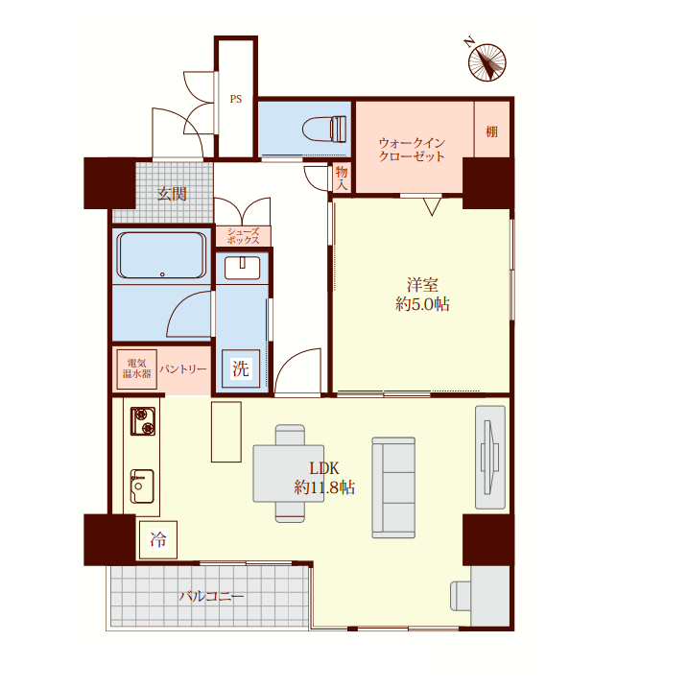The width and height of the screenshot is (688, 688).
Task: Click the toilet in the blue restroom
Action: [x=324, y=129]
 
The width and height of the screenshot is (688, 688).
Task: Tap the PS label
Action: [x=236, y=99]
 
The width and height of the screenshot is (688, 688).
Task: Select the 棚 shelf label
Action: [x=491, y=131]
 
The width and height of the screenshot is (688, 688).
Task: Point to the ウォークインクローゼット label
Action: [x=412, y=150]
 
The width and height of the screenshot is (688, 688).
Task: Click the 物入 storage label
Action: [x=342, y=178]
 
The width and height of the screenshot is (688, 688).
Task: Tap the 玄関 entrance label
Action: [x=172, y=194]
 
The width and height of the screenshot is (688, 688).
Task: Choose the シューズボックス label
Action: [x=243, y=236]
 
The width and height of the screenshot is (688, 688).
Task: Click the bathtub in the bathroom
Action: [x=161, y=255]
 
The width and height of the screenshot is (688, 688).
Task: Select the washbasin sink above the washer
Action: [x=242, y=268]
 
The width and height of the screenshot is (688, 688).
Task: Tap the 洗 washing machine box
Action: [x=241, y=368]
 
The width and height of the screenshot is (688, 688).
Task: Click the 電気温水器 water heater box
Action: [x=136, y=369]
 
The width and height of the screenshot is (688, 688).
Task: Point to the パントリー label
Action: [x=182, y=369]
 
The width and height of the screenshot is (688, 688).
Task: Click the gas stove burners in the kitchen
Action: [x=143, y=421]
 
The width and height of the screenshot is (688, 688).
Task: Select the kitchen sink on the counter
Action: [x=142, y=486]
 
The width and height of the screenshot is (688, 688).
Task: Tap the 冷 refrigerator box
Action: [x=158, y=539]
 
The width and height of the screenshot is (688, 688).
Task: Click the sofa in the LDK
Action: [x=393, y=487]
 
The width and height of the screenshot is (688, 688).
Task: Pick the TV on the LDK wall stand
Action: [x=489, y=457]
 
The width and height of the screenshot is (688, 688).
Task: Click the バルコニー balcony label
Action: [x=211, y=596]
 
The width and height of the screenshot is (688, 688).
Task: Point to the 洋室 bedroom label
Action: [x=422, y=285]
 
